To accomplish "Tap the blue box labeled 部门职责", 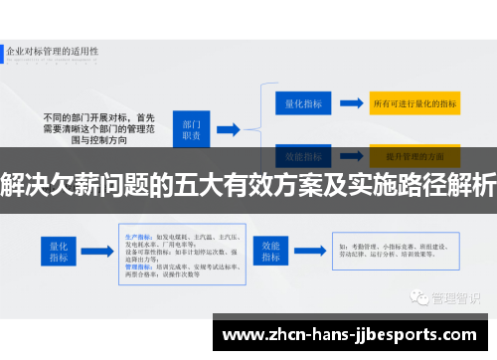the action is (x=191, y=128).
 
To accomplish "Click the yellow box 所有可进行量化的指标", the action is (x=414, y=103).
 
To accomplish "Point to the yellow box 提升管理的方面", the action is (x=414, y=156).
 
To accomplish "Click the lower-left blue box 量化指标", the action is (x=56, y=250).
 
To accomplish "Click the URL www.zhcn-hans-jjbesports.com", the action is (x=353, y=333).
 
